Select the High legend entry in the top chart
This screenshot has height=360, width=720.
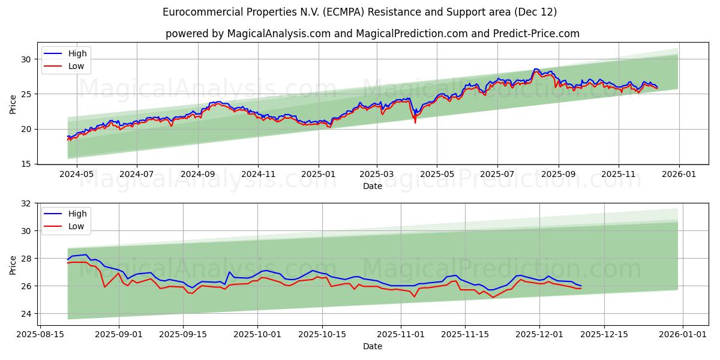point(77,53)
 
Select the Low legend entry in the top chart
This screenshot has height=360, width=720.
point(76,66)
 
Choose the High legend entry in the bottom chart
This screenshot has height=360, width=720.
point(77,214)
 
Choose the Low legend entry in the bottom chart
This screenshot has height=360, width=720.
point(76,226)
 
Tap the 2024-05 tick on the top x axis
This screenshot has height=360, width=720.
point(77,174)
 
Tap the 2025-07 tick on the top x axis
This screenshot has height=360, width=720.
point(497,174)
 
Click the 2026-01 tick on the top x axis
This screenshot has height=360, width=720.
point(679,174)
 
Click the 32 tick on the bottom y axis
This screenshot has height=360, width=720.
point(27,203)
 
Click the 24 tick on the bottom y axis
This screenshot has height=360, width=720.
point(27,314)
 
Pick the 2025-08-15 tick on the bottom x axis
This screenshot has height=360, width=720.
point(40,334)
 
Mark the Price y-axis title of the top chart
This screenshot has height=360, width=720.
point(13,103)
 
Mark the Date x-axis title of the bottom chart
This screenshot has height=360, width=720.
point(373,346)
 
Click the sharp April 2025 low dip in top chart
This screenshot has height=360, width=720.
point(415,122)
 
